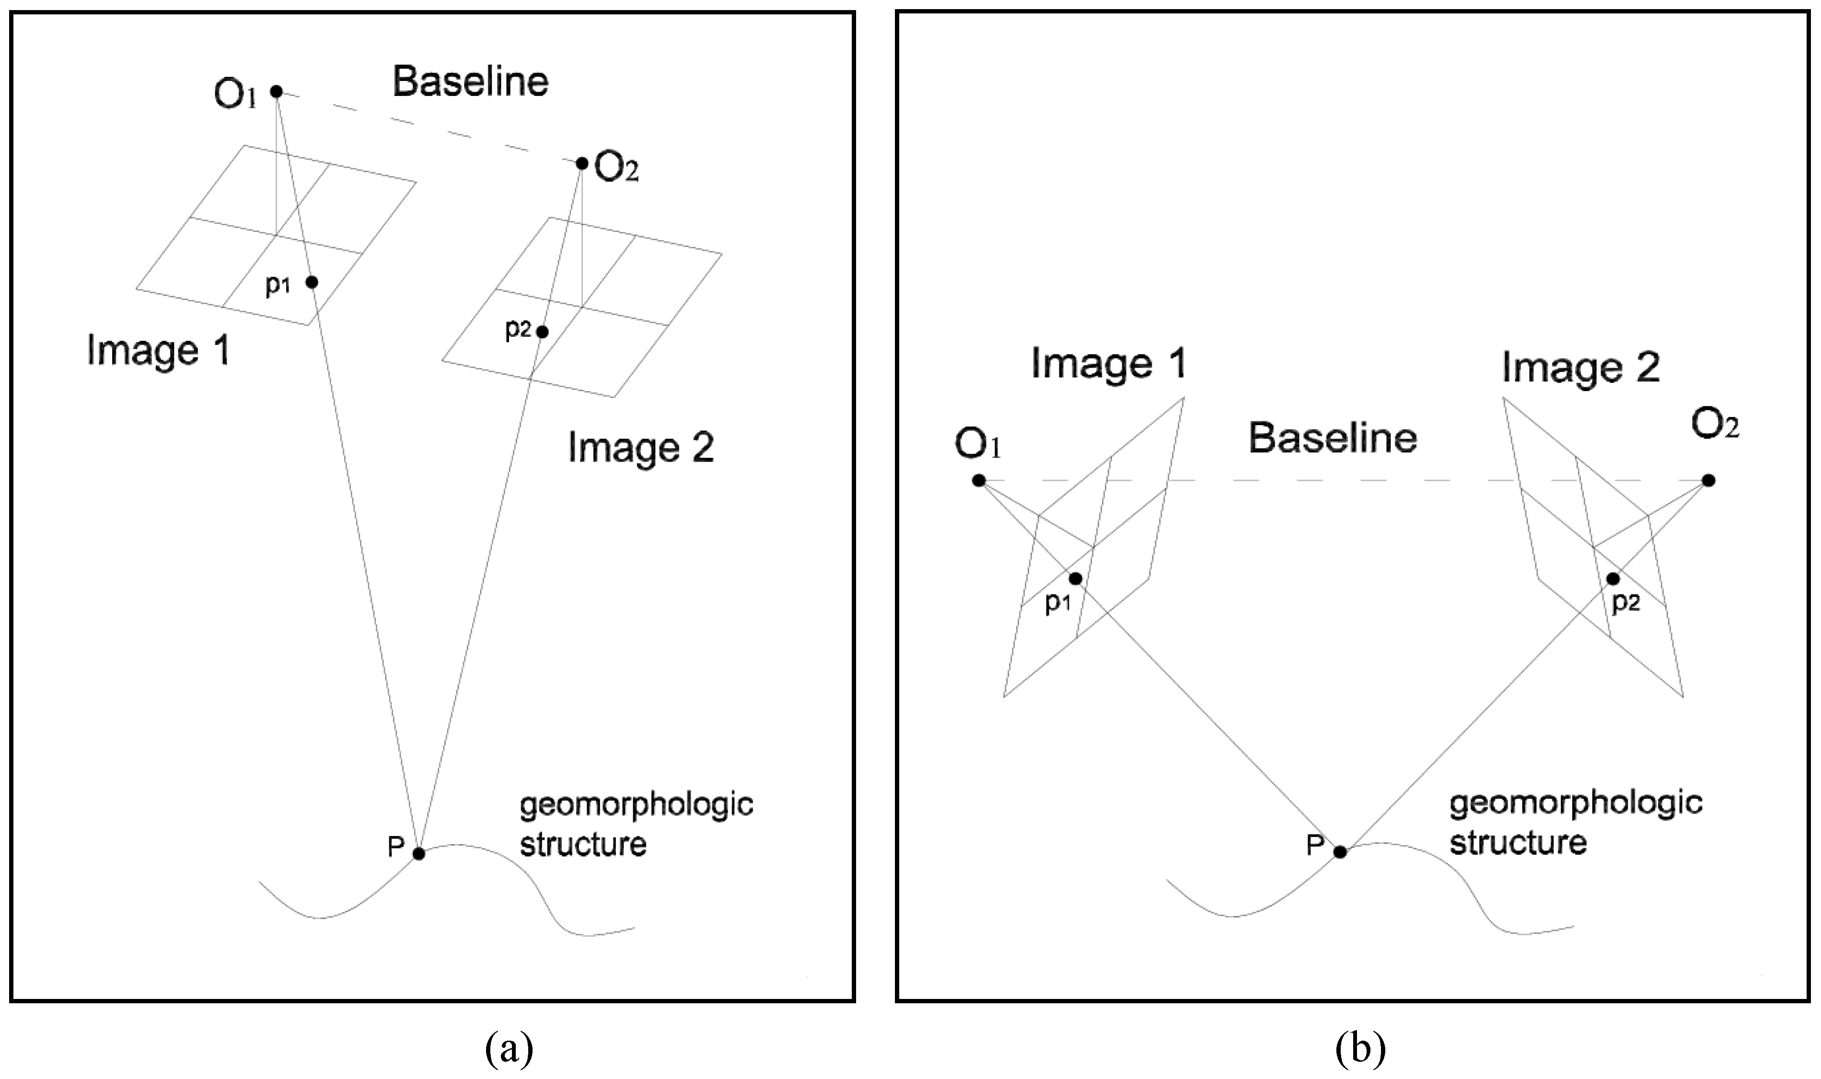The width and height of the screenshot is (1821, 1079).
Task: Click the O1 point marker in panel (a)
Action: point(276,92)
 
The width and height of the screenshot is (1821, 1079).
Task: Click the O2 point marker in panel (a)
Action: point(581,163)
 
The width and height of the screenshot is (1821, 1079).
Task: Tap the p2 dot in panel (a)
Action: point(542,332)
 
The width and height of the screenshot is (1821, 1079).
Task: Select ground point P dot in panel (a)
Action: point(419,854)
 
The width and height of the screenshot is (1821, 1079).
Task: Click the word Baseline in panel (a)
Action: point(470,81)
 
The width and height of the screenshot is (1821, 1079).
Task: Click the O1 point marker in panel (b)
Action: point(978,481)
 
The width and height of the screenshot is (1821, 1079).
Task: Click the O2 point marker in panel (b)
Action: point(1709,481)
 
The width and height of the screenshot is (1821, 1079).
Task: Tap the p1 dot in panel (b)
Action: point(1076,579)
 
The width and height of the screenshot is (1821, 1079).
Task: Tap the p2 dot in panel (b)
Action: point(1613,579)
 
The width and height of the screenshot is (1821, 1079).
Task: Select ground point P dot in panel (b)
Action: point(1340,852)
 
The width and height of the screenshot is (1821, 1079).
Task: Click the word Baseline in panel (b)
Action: point(1333,439)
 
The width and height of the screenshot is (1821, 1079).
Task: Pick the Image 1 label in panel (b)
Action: point(1109,363)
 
